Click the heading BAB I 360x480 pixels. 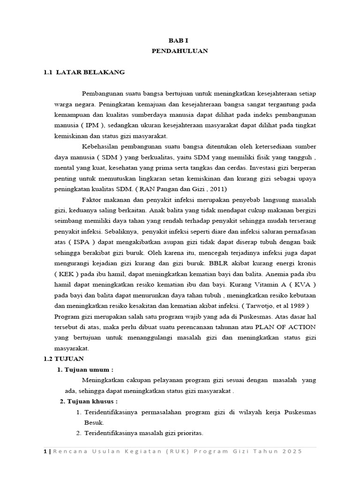point(180,41)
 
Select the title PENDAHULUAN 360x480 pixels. point(180,51)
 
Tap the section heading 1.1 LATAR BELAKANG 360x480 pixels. point(84,72)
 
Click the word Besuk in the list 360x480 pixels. point(94,422)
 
